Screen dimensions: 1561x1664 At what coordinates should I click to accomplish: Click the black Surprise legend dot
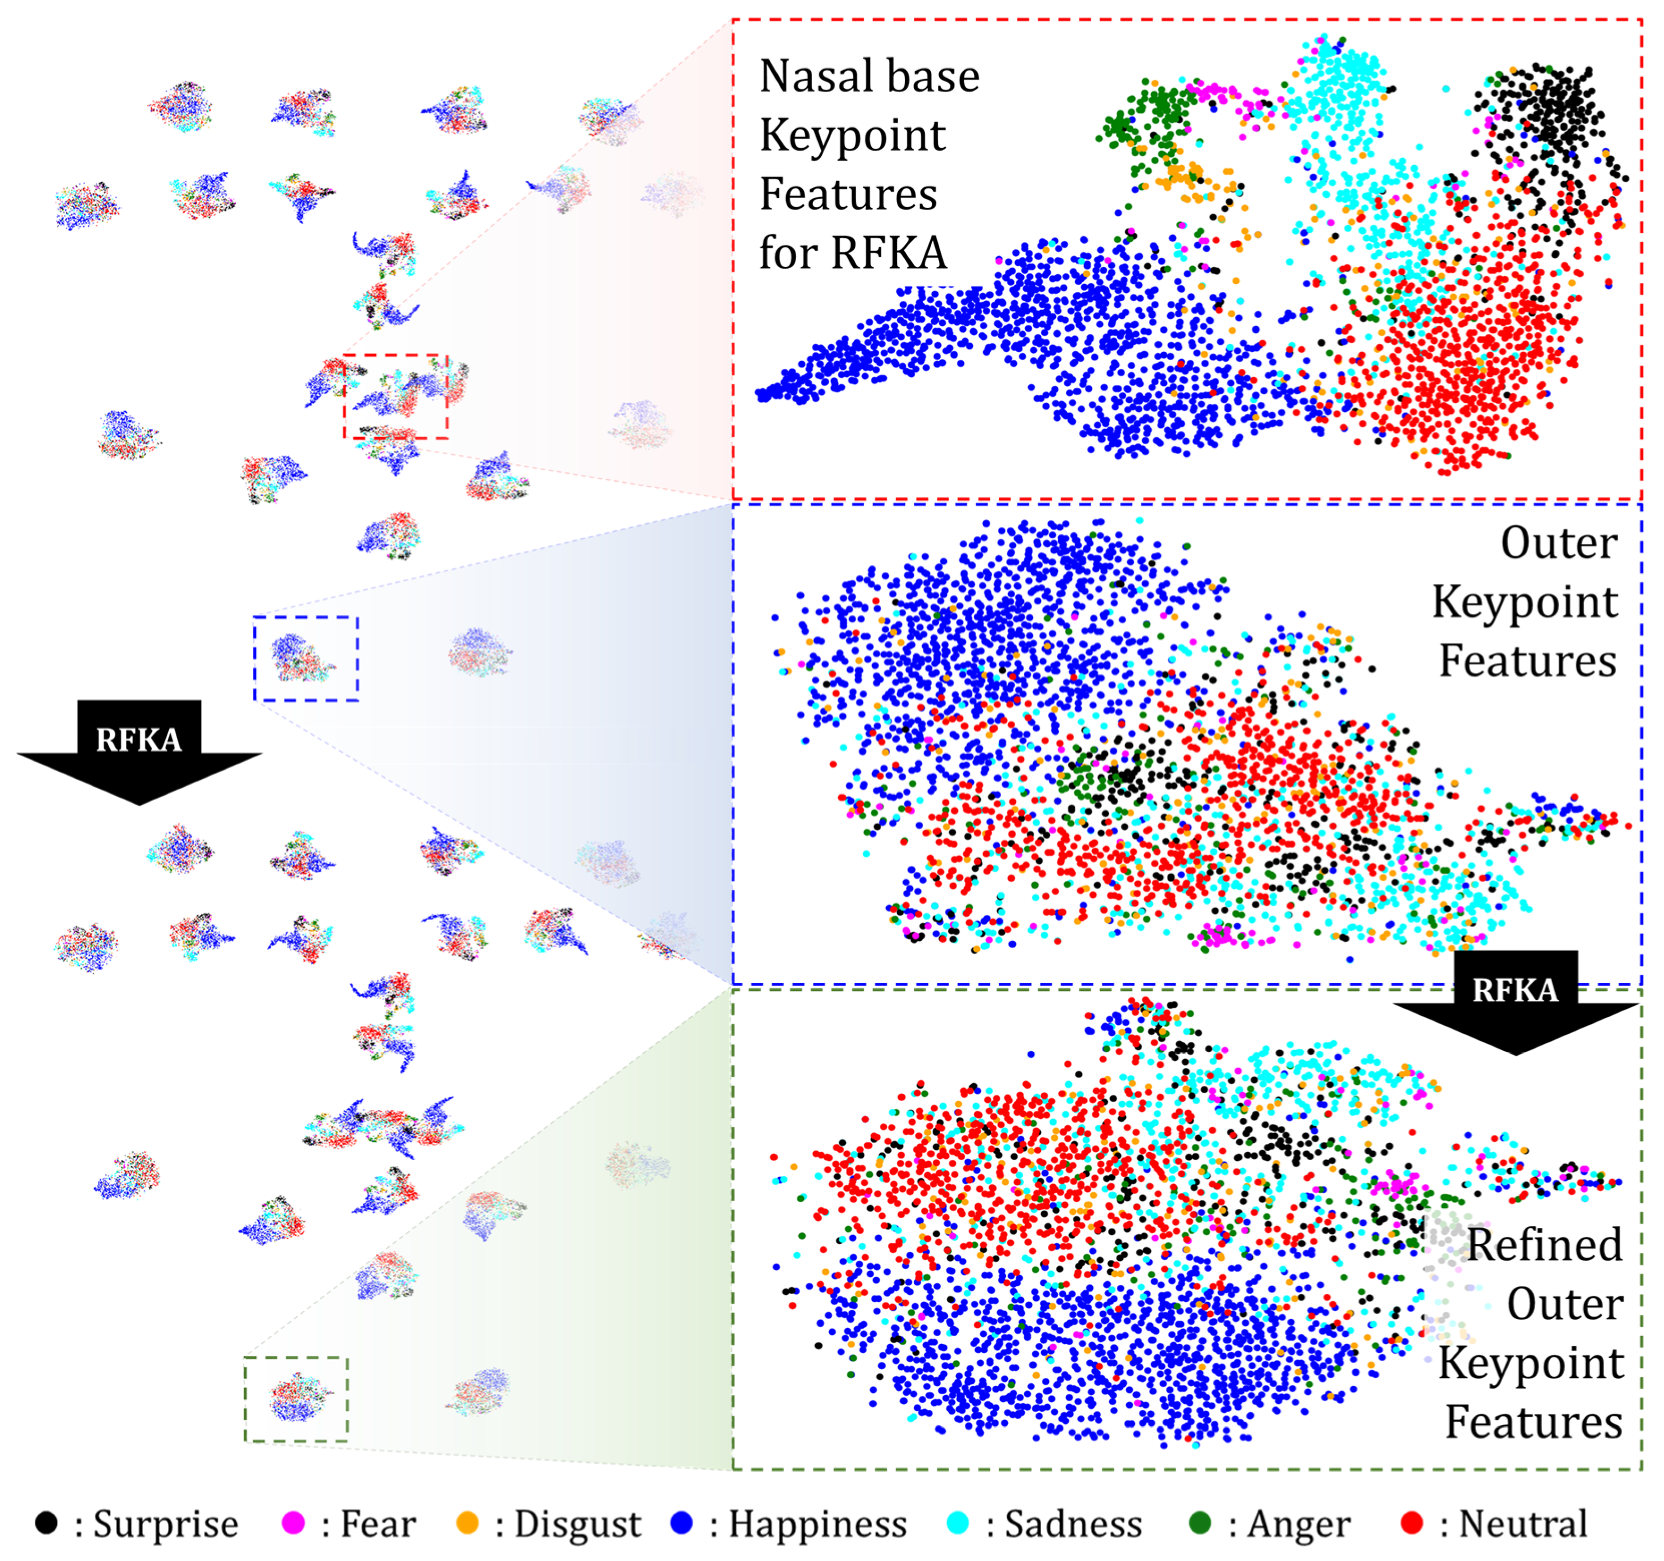point(46,1523)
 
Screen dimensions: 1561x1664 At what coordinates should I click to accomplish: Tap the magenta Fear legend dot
point(294,1523)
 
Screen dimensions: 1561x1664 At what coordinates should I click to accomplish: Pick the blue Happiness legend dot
point(682,1523)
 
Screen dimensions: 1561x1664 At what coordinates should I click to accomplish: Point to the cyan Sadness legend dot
point(958,1523)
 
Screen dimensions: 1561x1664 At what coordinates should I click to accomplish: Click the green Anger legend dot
point(1200,1523)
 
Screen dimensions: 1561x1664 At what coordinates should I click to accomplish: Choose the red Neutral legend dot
point(1412,1523)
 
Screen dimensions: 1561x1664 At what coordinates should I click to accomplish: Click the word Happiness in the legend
point(818,1524)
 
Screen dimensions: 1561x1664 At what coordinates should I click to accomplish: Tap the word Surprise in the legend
point(166,1524)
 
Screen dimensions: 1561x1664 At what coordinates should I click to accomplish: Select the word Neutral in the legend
point(1524,1524)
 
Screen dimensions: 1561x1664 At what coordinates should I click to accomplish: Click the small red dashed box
point(396,396)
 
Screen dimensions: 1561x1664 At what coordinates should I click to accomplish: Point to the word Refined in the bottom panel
point(1544,1245)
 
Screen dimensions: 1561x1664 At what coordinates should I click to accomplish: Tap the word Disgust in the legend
point(578,1524)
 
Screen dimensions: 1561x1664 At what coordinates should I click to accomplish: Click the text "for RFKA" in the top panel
point(852,253)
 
